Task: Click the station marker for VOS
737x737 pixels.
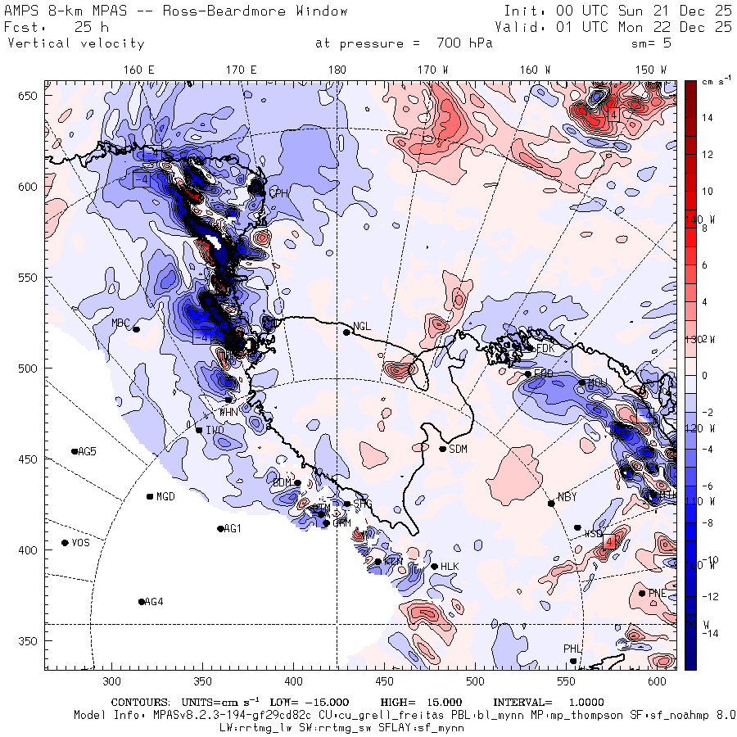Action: click(65, 543)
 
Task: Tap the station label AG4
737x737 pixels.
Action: click(154, 602)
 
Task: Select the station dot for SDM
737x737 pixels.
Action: click(443, 449)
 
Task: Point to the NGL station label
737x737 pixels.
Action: click(362, 327)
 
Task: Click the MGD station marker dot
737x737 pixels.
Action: click(150, 496)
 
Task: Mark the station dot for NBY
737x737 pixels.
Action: click(551, 503)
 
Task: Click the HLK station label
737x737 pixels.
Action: click(450, 567)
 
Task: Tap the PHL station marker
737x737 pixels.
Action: click(573, 661)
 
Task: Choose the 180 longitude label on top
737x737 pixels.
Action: click(337, 70)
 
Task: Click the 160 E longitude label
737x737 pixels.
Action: click(139, 70)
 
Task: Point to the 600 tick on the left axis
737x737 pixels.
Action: click(31, 187)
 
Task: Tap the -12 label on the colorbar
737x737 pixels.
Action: click(709, 596)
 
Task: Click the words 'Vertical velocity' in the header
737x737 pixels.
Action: click(75, 43)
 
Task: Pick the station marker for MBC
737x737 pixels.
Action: click(136, 329)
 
